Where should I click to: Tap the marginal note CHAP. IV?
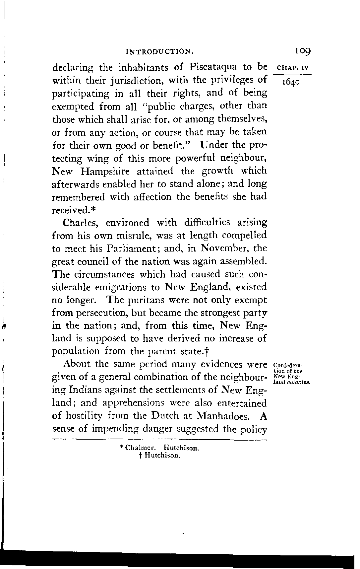(293, 69)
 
